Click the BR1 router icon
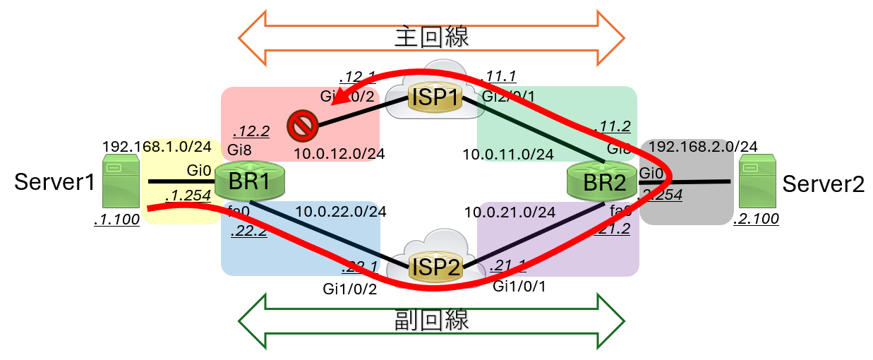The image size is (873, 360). (251, 181)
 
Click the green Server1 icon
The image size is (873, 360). (120, 182)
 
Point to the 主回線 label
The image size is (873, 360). (431, 36)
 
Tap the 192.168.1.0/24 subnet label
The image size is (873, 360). (157, 147)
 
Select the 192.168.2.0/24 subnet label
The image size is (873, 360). (703, 147)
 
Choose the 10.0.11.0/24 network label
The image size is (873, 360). (508, 153)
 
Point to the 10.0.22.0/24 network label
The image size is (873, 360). (341, 211)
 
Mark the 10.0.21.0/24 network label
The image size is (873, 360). (510, 211)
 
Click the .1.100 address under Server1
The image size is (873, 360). (116, 220)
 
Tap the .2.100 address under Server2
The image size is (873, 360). (756, 220)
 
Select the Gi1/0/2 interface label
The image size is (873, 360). (349, 287)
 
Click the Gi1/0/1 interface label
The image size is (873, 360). (519, 286)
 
